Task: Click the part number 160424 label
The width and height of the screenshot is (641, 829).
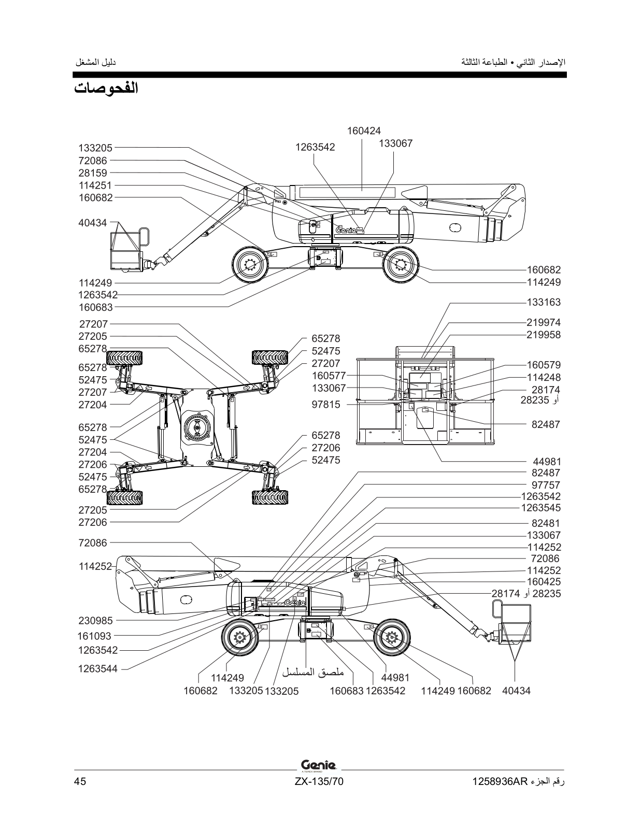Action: coord(364,131)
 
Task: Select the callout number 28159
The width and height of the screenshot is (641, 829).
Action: coord(93,173)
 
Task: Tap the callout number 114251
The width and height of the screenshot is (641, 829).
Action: coord(95,185)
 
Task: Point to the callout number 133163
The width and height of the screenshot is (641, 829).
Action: coord(544,302)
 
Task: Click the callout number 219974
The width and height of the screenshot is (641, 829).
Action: coord(544,322)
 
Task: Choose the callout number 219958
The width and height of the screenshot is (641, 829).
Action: coord(544,335)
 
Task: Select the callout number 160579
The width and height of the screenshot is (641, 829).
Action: coord(544,365)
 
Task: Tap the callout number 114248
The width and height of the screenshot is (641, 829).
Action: coord(544,377)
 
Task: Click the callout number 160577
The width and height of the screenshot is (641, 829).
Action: coord(329,376)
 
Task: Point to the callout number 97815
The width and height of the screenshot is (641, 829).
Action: coord(326,404)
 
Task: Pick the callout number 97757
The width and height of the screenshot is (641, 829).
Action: coord(546,485)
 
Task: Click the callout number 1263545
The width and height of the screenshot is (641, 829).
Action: coord(541,508)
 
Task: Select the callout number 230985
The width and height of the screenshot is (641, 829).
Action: coord(96,621)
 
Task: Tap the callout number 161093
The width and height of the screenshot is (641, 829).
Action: coord(95,636)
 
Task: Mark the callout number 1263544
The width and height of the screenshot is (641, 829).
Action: coord(98,669)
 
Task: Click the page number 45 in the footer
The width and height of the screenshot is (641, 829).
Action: coord(80,781)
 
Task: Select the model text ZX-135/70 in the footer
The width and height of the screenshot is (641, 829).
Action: coord(319,781)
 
